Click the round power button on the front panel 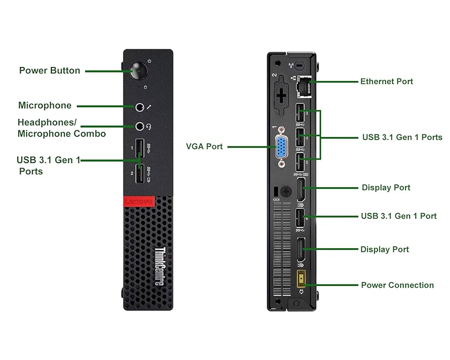pyautogui.click(x=138, y=71)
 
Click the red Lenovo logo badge pyautogui.click(x=137, y=201)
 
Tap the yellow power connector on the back pyautogui.click(x=303, y=279)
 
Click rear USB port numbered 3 pyautogui.click(x=299, y=112)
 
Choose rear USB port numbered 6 pyautogui.click(x=299, y=218)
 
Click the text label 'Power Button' pyautogui.click(x=49, y=70)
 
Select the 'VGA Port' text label pyautogui.click(x=204, y=147)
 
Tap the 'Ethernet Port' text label pyautogui.click(x=386, y=81)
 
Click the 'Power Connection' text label pyautogui.click(x=397, y=285)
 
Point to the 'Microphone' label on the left pyautogui.click(x=45, y=105)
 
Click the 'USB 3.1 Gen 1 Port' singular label pyautogui.click(x=398, y=216)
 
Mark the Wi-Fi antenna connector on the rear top pyautogui.click(x=300, y=65)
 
